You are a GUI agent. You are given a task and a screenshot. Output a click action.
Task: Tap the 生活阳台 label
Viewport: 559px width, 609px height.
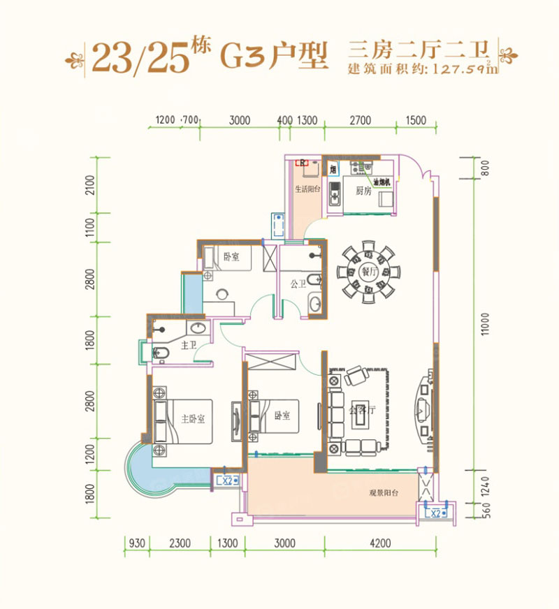pos(307,189)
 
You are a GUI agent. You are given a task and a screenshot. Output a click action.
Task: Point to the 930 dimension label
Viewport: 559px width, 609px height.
pos(137,542)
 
